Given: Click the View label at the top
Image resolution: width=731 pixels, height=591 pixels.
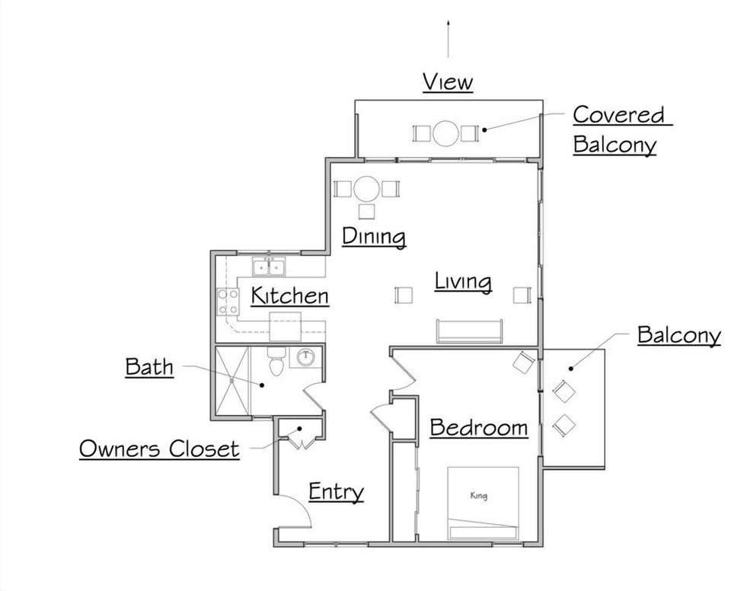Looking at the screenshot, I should point(448,81).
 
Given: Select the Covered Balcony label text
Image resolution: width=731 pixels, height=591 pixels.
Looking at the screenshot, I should point(618,129).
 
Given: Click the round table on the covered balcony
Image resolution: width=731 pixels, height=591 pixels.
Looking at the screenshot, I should point(446,133).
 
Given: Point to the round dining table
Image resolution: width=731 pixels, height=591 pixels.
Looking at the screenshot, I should point(367,188).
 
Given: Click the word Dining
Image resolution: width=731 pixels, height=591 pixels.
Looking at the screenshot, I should point(373,236).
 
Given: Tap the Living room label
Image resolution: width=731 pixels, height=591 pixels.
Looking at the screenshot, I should point(463,281).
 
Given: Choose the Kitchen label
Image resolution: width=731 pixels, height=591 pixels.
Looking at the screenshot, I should point(289,295).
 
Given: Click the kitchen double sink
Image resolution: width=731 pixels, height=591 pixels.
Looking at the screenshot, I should point(269,267).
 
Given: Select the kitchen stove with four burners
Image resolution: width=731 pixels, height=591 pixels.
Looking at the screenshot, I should point(228,301).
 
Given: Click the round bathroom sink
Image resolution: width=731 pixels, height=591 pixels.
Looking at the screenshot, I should point(306,357).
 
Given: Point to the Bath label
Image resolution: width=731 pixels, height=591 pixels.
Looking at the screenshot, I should point(149,367).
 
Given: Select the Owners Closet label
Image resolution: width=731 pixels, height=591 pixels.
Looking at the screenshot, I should point(159,449).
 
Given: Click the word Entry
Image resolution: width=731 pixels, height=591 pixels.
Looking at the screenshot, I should point(336,492).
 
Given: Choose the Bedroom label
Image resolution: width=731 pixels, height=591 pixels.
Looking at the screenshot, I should point(478,427).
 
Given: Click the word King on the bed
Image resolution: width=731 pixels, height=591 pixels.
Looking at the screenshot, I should point(478,497).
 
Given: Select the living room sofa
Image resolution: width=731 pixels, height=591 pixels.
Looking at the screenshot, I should point(469,331).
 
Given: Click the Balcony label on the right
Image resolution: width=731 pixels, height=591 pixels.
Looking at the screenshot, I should point(678,334).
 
